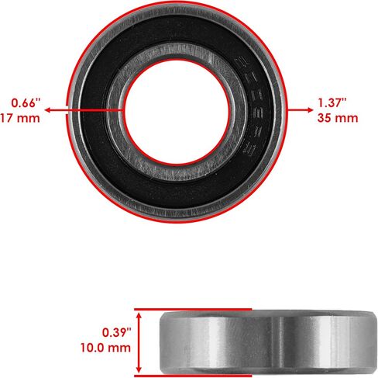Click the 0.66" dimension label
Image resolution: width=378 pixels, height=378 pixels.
[x=26, y=103]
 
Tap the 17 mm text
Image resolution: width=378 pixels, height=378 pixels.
[x=20, y=118]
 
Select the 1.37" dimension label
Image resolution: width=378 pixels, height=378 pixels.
[x=332, y=103]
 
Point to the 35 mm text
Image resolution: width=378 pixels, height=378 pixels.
[x=338, y=118]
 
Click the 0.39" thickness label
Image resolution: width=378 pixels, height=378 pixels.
[x=117, y=332]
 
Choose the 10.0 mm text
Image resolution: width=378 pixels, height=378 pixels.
[x=105, y=348]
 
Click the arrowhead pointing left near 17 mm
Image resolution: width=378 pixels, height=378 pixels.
[x=48, y=110]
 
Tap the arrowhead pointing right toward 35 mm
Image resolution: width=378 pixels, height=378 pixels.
[x=310, y=110]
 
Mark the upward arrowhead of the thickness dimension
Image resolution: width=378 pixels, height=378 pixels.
[x=139, y=316]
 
